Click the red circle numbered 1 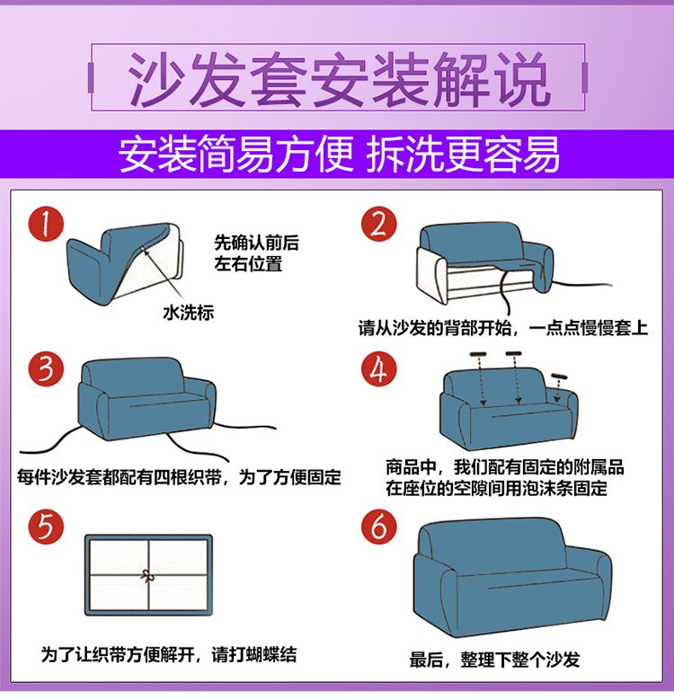46,224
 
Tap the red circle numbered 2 379,224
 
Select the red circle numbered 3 46,369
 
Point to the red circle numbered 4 379,369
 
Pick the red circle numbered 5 46,527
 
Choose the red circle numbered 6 379,527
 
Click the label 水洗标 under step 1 189,313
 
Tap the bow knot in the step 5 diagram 148,576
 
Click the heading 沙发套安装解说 338,79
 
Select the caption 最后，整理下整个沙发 494,660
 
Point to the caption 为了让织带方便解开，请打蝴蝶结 169,655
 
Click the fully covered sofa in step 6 512,577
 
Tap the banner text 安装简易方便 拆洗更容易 339,154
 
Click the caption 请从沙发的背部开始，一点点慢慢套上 503,328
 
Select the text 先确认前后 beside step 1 257,243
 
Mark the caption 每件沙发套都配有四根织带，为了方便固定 179,477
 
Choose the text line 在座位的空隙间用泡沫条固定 496,489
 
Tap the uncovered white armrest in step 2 431,275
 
